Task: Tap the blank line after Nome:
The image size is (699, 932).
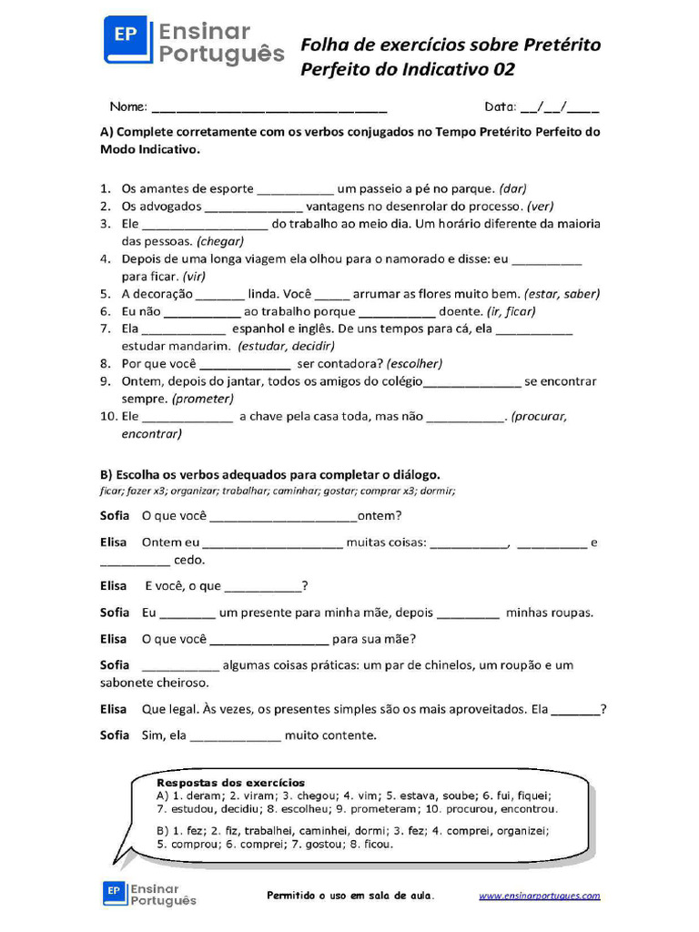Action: point(269,106)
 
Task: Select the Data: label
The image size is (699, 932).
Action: point(500,106)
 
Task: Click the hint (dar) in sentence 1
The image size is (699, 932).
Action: point(513,188)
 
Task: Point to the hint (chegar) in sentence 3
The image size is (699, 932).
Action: point(219,241)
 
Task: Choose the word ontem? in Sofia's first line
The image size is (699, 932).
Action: point(380,515)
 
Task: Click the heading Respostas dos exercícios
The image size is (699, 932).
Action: point(231,783)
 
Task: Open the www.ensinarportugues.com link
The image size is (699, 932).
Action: point(540,896)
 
